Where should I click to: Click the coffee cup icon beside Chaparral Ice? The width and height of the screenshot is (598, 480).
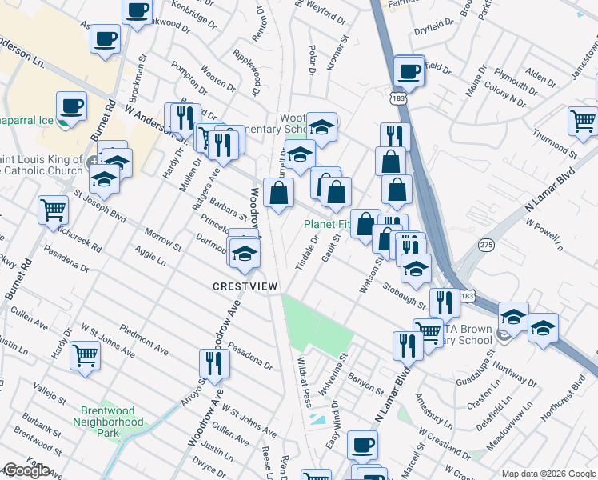click(71, 106)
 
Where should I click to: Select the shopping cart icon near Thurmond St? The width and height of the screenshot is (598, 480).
click(584, 120)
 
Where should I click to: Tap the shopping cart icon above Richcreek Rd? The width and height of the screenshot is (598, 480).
click(54, 210)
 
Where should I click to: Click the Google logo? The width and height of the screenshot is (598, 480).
click(26, 470)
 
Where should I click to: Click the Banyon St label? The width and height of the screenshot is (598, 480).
click(368, 382)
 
